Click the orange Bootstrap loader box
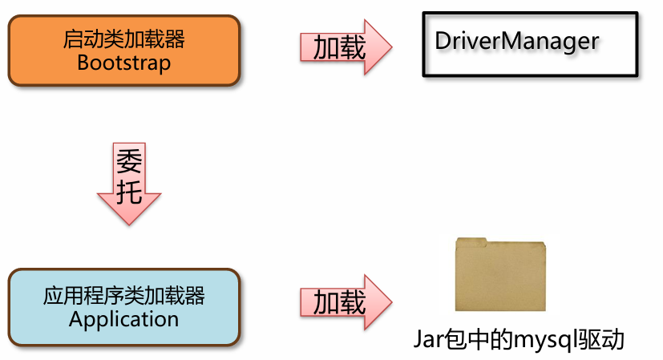tap(124, 50)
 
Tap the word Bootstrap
tap(124, 63)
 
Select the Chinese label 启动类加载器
tap(124, 38)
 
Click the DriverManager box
tap(531, 45)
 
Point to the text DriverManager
tap(517, 41)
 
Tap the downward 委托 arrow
tap(129, 184)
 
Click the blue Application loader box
tap(124, 307)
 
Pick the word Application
tap(124, 319)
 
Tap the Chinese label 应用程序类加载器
tap(124, 295)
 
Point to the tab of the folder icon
tap(471, 241)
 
